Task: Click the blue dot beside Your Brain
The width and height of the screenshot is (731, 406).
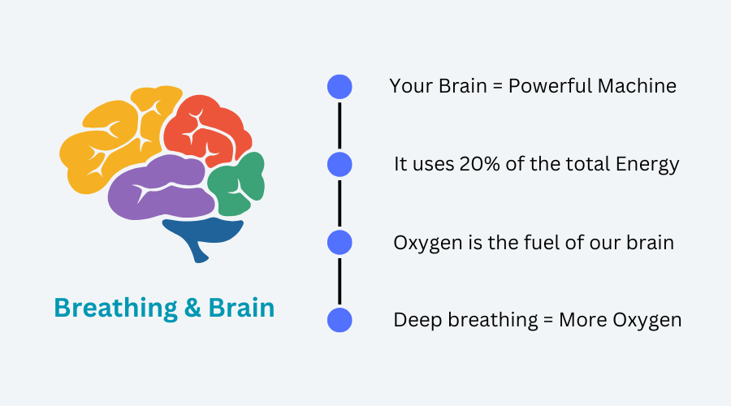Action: [340, 87]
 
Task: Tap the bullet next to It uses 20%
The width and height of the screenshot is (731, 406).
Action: [340, 165]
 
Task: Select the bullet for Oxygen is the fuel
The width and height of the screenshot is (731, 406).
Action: [340, 243]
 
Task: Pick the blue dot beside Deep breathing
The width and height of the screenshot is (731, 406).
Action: [340, 320]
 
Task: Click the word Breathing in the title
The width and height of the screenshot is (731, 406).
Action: [115, 308]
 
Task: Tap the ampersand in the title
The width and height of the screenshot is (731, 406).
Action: [192, 308]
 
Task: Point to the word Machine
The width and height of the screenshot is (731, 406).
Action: [637, 86]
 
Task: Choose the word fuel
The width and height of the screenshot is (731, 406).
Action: [543, 243]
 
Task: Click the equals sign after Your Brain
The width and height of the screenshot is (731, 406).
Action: [498, 86]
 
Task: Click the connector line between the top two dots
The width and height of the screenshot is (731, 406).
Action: [340, 126]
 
